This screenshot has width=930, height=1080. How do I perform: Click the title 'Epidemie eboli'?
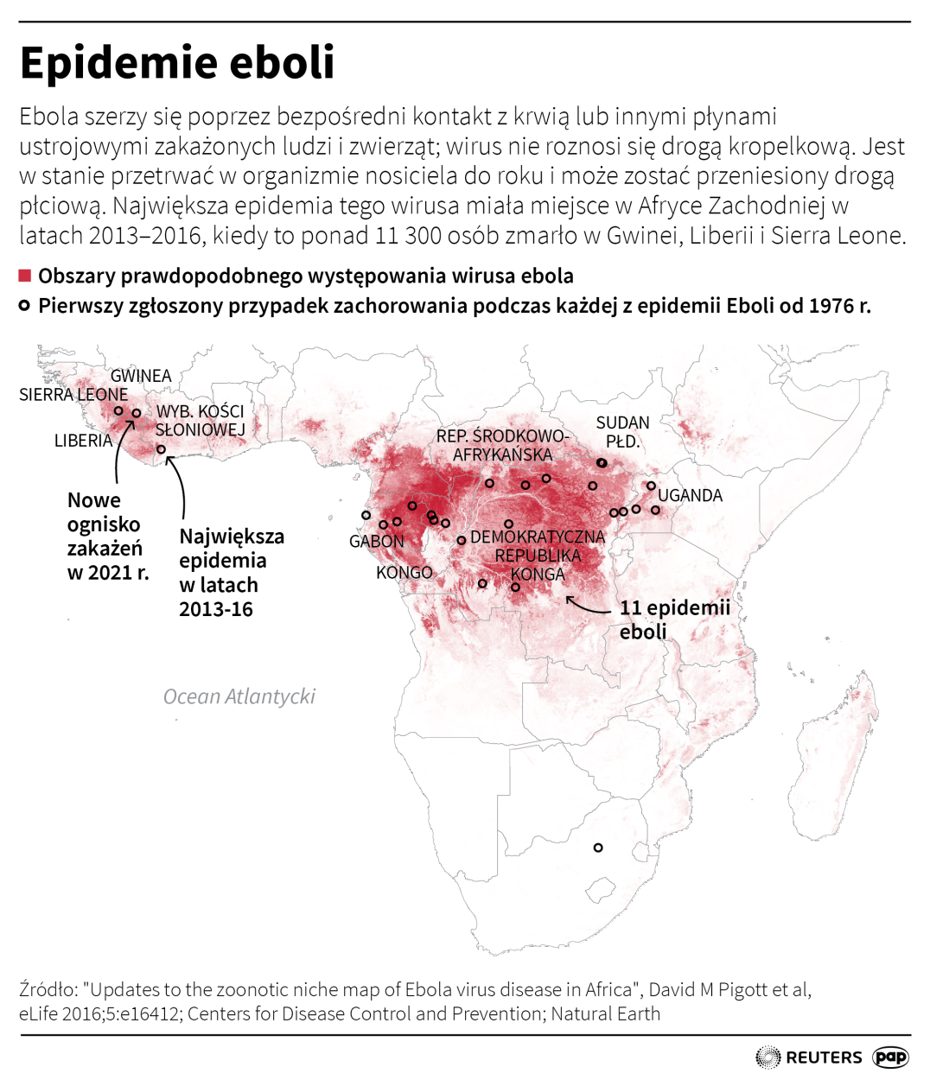click(x=177, y=62)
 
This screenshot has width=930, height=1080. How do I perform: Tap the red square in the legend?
click(x=25, y=276)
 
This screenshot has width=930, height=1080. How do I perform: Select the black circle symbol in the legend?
click(x=25, y=306)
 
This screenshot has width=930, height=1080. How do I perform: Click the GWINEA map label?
click(x=141, y=376)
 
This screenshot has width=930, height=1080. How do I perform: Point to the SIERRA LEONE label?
click(x=73, y=395)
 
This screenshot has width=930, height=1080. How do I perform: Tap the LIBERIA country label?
click(x=83, y=441)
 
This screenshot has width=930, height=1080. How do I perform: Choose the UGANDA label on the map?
click(x=690, y=495)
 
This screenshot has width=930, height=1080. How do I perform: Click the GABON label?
click(x=376, y=542)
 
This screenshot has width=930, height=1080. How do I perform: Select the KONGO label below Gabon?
click(x=404, y=572)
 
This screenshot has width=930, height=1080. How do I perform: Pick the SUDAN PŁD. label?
click(x=622, y=432)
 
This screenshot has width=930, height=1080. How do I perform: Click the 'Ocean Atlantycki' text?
click(x=239, y=696)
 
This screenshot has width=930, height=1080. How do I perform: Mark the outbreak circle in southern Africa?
click(x=598, y=848)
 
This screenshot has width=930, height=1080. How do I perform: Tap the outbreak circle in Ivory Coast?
click(x=161, y=449)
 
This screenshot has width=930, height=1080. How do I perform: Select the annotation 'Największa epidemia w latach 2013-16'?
click(x=230, y=572)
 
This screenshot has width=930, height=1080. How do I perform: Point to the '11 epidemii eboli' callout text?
click(x=674, y=619)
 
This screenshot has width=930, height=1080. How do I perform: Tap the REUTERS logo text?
click(x=824, y=1057)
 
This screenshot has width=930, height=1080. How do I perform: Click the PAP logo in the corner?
click(x=890, y=1056)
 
